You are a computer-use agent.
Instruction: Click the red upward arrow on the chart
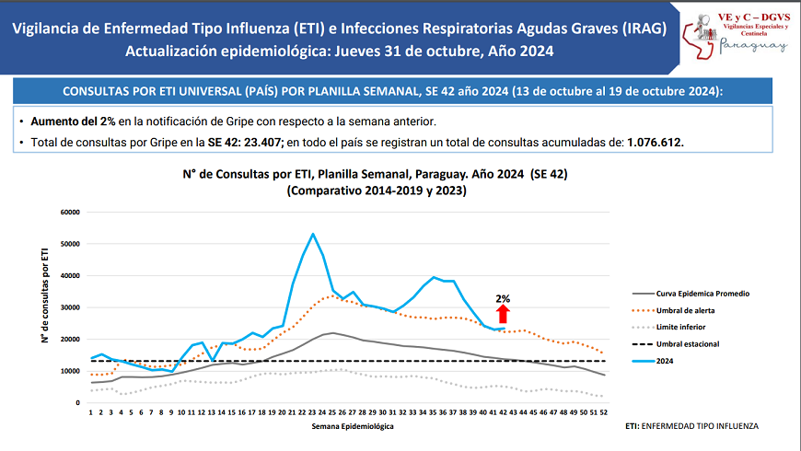click(x=503, y=315)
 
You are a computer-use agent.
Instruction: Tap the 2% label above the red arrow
click(x=503, y=299)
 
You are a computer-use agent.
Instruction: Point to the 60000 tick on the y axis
click(x=70, y=212)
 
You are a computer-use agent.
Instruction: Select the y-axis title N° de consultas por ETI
click(x=44, y=295)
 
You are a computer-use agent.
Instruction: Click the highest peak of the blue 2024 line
click(x=313, y=234)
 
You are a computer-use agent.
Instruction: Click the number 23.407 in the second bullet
click(x=261, y=143)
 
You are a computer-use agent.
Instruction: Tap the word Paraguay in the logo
click(x=753, y=43)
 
